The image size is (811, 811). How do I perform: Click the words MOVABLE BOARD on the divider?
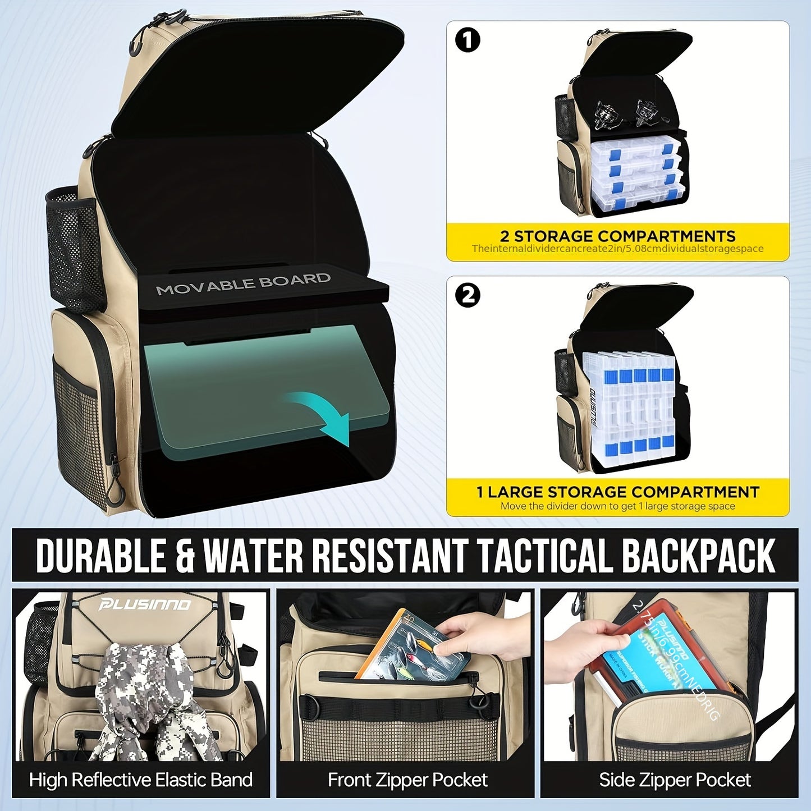pyautogui.click(x=242, y=284)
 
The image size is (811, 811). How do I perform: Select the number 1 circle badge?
pyautogui.click(x=468, y=40)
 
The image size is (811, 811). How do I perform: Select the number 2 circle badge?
pyautogui.click(x=468, y=295)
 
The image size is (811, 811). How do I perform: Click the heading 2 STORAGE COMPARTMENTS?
pyautogui.click(x=617, y=236)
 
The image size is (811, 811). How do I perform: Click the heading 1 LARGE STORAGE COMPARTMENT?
pyautogui.click(x=617, y=492)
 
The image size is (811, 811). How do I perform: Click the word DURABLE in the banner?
pyautogui.click(x=101, y=556)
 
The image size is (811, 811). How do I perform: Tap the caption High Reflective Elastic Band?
pyautogui.click(x=140, y=780)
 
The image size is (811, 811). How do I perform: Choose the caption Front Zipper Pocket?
pyautogui.click(x=407, y=780)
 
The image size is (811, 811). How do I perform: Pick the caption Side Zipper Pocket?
pyautogui.click(x=675, y=780)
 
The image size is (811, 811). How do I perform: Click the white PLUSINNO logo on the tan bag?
pyautogui.click(x=145, y=604)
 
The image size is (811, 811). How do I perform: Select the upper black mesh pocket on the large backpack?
pyautogui.click(x=74, y=247)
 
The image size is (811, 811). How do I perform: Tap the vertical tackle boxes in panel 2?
pyautogui.click(x=629, y=407)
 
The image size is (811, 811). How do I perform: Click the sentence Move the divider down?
pyautogui.click(x=617, y=506)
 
